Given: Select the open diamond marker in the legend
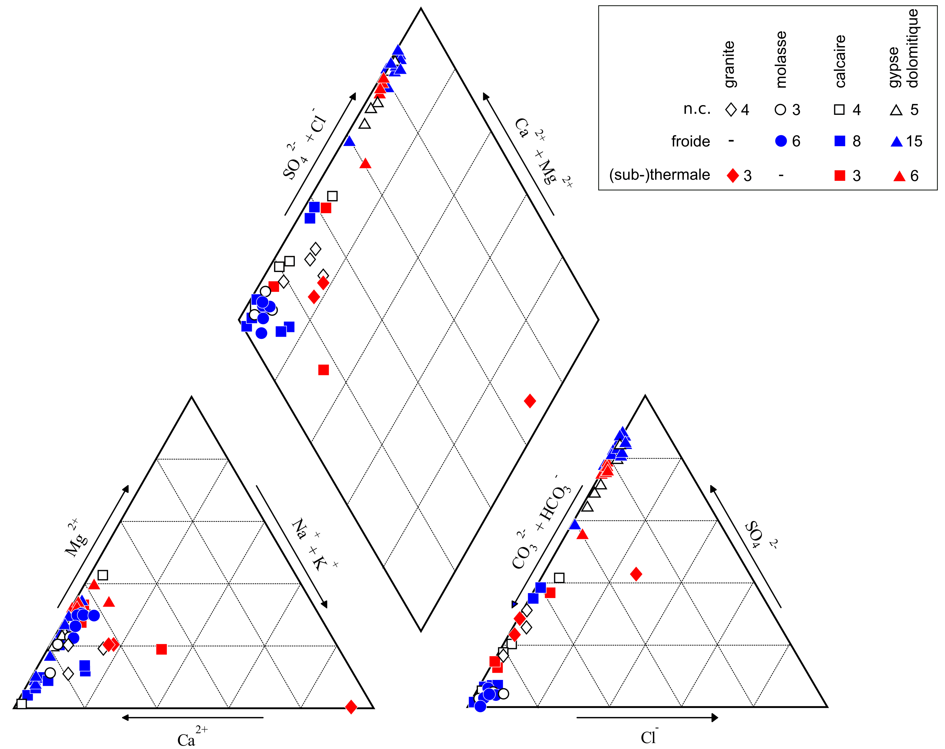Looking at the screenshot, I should [x=731, y=110].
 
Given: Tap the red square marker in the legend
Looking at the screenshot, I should [x=840, y=176].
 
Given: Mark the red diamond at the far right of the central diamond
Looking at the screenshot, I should [x=530, y=401].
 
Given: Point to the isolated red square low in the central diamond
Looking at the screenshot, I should [x=324, y=370].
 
